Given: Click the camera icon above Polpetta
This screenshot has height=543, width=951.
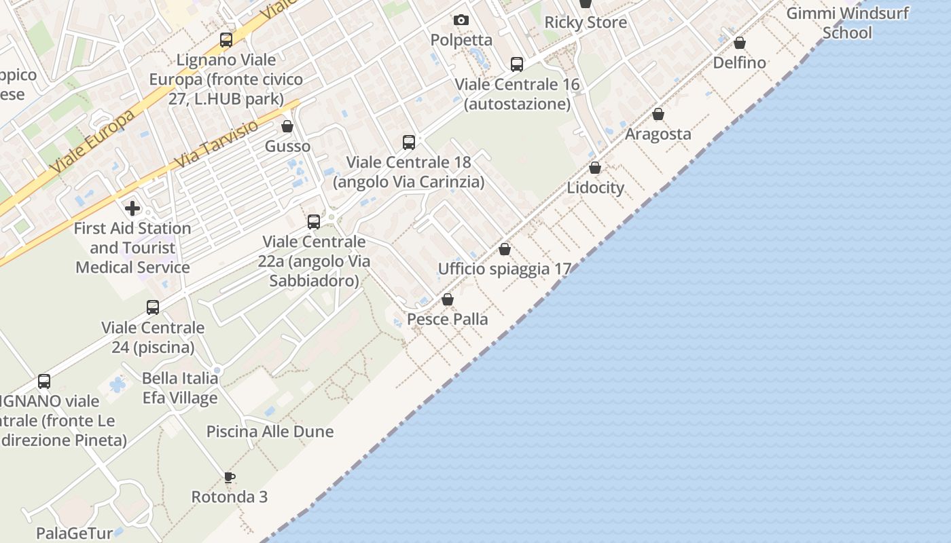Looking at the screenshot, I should tap(461, 20).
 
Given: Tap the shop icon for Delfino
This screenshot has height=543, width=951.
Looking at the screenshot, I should tap(740, 43).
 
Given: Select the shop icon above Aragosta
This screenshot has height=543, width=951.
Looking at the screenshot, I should tap(658, 114).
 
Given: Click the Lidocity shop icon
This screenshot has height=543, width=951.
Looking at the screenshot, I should tap(595, 168).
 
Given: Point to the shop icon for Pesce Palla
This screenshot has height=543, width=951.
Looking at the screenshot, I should tap(448, 299).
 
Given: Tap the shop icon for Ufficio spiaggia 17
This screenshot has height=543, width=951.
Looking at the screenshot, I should tap(504, 249).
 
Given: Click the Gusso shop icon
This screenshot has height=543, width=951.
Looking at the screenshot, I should tap(287, 126).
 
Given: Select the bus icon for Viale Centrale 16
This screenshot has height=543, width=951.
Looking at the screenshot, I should tap(517, 64).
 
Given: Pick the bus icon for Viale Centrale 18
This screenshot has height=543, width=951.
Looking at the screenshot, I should tap(409, 143).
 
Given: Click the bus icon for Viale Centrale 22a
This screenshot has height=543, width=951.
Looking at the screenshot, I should tap(314, 222).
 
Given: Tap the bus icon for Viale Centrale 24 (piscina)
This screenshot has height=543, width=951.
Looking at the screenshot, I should tap(153, 307).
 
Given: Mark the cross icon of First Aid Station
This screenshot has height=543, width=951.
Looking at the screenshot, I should tap(132, 208).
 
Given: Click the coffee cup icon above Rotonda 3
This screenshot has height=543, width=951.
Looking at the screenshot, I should tap(230, 477).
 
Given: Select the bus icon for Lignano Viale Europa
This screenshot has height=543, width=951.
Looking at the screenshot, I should tap(226, 40).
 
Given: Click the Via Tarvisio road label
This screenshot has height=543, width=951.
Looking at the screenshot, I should tap(216, 145).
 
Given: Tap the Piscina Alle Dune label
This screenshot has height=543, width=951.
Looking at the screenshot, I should tap(270, 432).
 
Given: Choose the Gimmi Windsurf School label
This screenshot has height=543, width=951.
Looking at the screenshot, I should tap(847, 23).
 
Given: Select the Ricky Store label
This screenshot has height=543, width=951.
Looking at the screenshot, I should tap(586, 22).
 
